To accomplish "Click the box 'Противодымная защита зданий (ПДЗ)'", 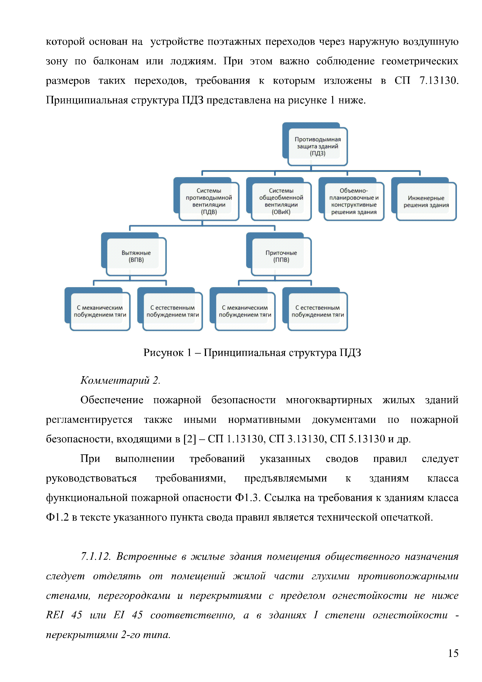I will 317,146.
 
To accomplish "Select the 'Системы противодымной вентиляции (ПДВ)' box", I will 209,201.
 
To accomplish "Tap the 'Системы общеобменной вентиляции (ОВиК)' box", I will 281,201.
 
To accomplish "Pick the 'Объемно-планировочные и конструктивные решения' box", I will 354,201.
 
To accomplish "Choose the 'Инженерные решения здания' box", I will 426,201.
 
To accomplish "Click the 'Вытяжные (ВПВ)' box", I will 136,256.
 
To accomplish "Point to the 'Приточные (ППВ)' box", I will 281,256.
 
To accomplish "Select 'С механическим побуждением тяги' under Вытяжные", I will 100,311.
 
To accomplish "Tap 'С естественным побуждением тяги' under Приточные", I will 317,311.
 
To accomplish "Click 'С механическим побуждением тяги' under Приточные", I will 245,311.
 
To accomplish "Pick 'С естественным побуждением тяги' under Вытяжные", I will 173,311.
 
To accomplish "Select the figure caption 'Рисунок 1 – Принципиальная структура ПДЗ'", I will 252,353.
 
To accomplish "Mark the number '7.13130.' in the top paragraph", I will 439,80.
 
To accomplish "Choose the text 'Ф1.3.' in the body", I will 248,498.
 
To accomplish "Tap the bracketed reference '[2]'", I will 190,439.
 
